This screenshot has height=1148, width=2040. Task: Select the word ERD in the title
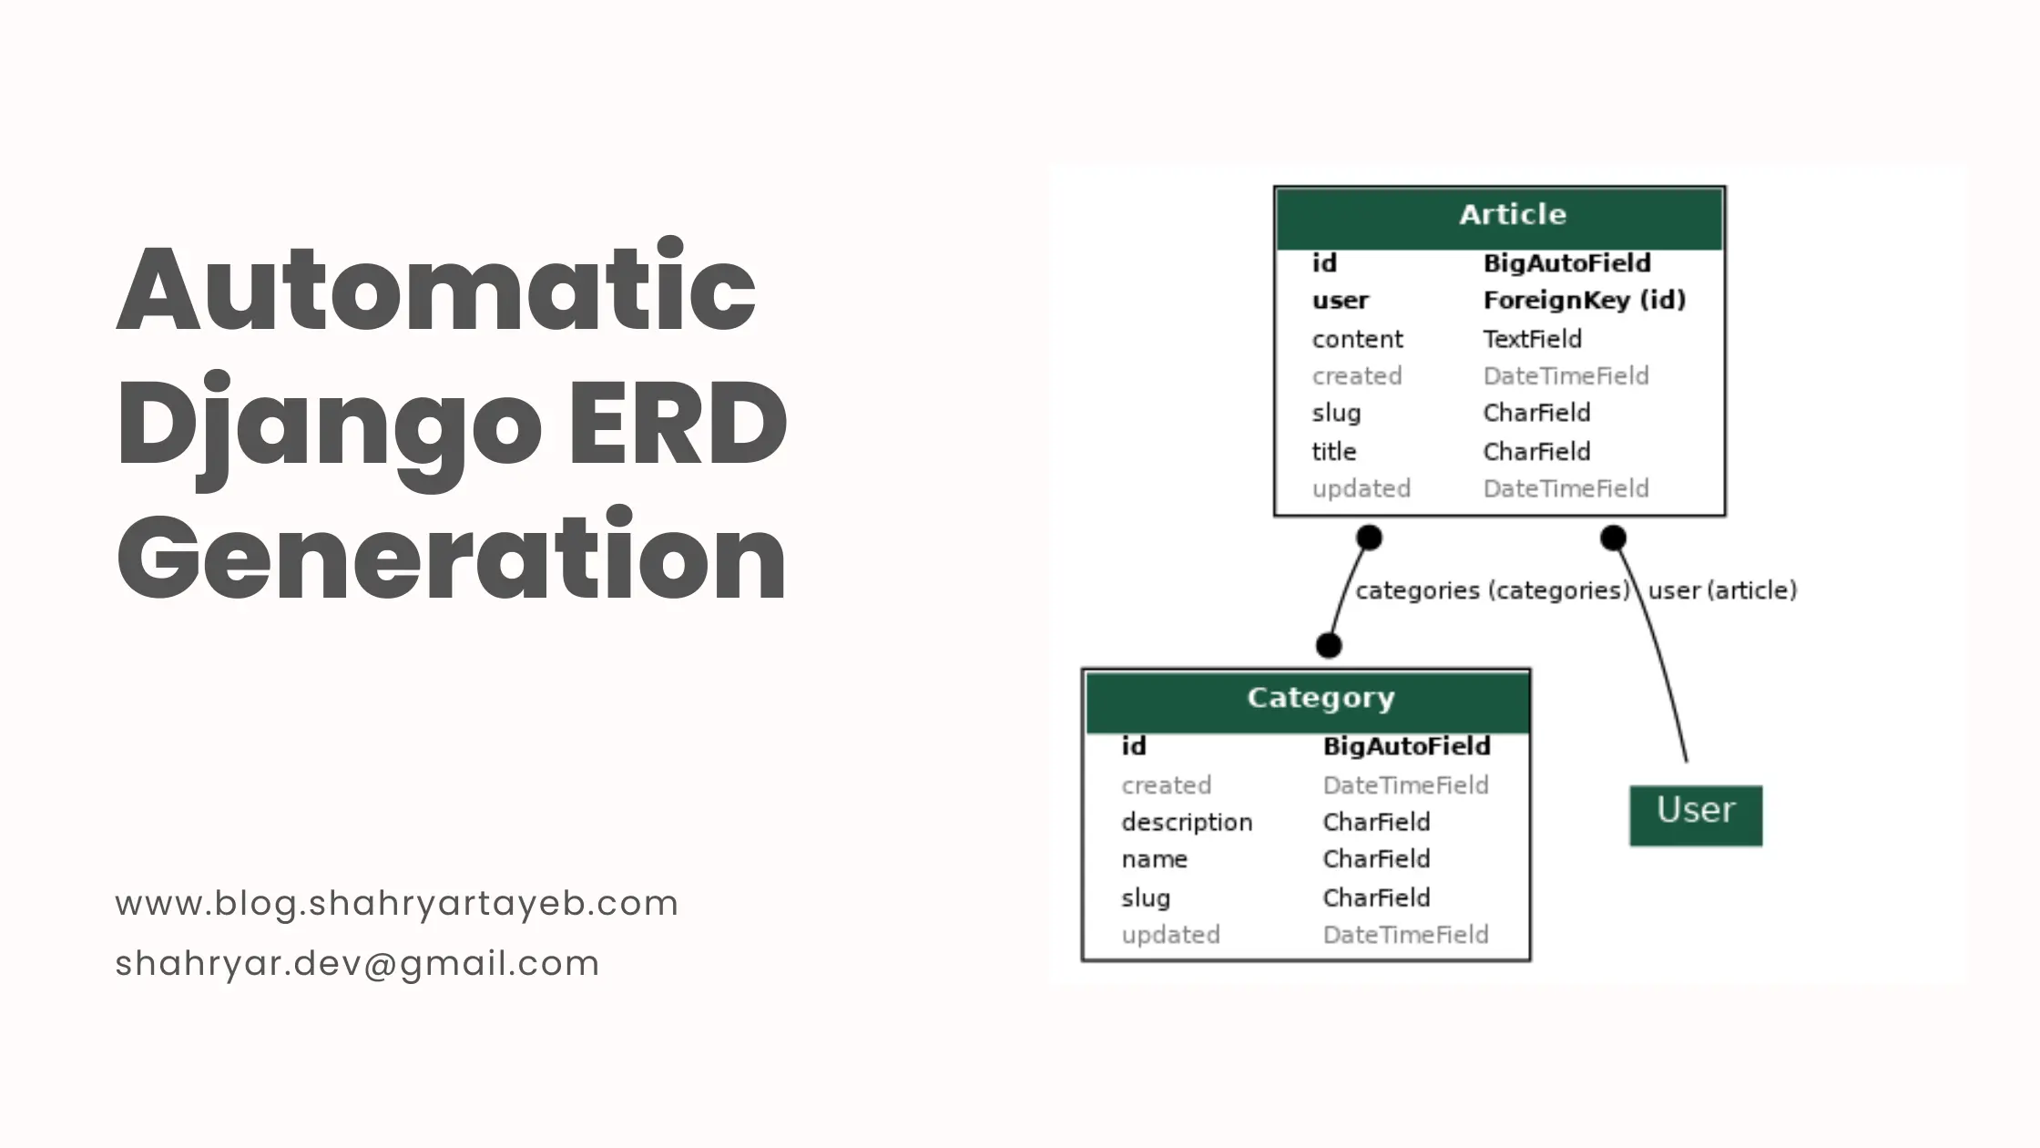(678, 424)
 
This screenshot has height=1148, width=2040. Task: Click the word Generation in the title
(451, 558)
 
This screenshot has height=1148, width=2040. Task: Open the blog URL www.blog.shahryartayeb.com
(396, 904)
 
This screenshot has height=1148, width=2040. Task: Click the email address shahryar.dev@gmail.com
(357, 964)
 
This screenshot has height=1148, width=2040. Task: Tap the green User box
(1696, 814)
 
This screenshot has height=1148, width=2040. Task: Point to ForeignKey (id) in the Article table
(1584, 301)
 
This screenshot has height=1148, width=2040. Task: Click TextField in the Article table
(1532, 339)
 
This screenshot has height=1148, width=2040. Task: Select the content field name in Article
(1357, 339)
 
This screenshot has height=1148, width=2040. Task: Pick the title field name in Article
(1333, 452)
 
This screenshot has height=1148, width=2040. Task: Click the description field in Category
(1187, 823)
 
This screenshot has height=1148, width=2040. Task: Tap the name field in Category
(1154, 859)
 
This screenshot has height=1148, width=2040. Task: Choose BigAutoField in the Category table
(1406, 747)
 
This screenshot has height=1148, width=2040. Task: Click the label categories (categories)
(1492, 591)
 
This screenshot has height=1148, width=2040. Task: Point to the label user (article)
(1721, 591)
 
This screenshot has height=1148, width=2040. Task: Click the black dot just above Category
(1329, 646)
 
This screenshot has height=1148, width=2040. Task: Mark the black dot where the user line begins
(1613, 538)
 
